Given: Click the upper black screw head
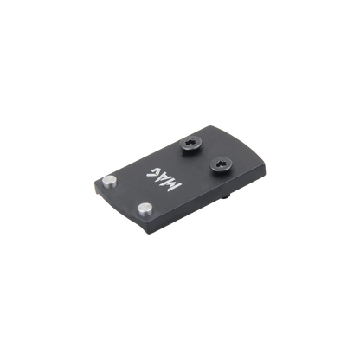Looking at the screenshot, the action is point(191,144).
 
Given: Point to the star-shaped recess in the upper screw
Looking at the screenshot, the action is point(192,142).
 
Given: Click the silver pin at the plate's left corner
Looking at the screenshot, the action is point(110,182).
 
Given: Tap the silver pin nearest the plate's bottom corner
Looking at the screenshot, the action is point(145,209).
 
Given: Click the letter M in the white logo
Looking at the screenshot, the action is point(174,185).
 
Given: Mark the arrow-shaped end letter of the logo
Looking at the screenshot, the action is point(151,171).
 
